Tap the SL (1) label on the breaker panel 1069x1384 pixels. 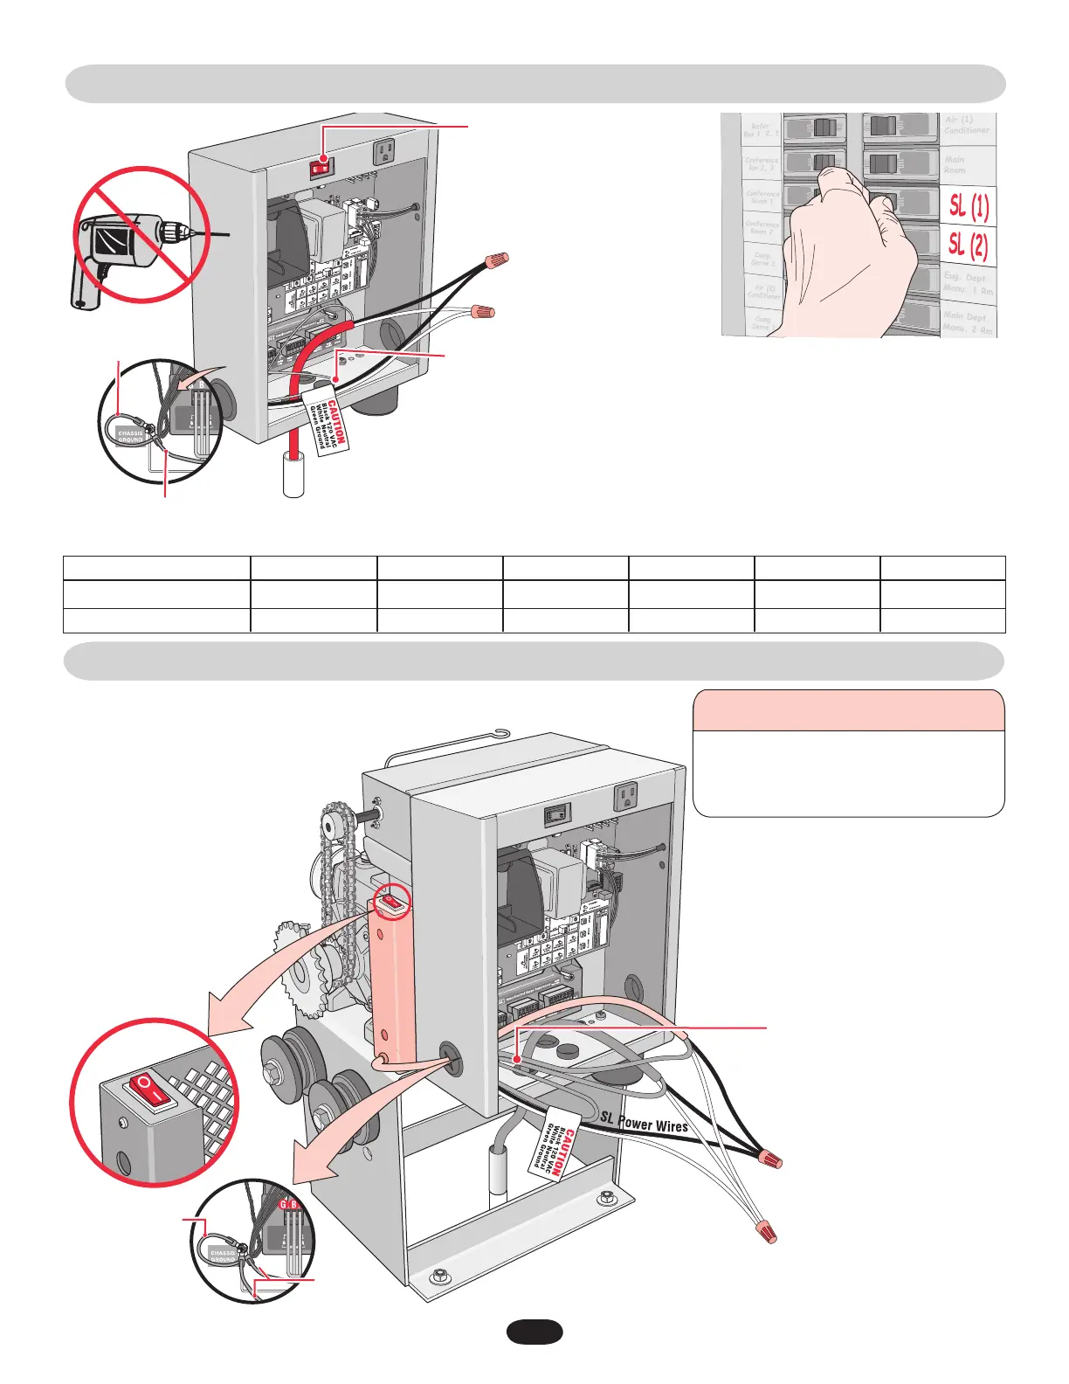[969, 206]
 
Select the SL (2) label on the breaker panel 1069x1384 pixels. [969, 245]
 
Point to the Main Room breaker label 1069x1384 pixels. [955, 164]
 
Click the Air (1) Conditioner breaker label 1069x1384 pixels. [966, 125]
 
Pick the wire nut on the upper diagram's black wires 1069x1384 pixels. [496, 259]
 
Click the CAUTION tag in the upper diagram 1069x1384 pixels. [327, 422]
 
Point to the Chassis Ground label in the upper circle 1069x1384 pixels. [130, 436]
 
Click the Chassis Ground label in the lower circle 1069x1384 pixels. [223, 1256]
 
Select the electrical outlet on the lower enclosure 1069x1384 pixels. [626, 795]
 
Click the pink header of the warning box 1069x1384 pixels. [848, 710]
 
